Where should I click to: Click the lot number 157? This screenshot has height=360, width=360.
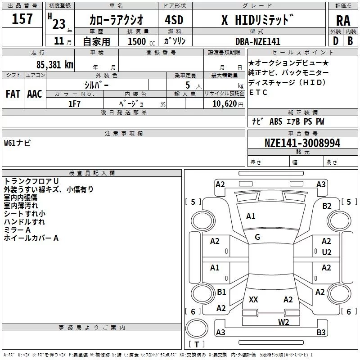coord(22,19)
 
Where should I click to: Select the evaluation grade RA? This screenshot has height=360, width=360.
coord(342,20)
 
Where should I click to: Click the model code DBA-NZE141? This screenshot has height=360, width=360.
coord(257,41)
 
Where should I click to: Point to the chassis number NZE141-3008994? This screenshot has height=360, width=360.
coord(302,143)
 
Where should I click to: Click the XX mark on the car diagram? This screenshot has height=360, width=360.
coord(253,300)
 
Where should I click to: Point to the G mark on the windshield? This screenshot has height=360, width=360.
coord(257,237)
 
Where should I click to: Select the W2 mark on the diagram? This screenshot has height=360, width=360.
coord(283,321)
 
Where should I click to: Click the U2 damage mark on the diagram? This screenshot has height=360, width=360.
coord(327,252)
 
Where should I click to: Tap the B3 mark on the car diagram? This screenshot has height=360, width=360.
coord(320,333)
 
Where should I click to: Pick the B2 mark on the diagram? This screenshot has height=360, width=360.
coord(327,206)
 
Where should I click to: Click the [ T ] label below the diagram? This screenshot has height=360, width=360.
coord(197,345)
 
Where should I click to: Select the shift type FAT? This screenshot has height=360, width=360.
coord(13,94)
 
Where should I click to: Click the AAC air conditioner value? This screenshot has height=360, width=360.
coord(34,94)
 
